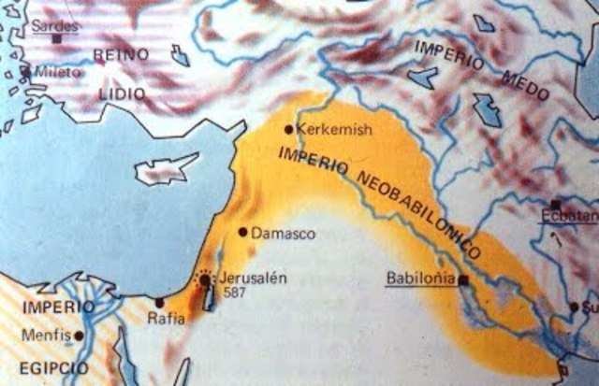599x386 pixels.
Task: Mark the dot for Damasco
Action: (x=243, y=231)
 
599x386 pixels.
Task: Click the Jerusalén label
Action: (x=249, y=279)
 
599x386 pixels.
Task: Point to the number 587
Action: (x=236, y=293)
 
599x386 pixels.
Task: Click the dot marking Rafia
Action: (x=159, y=302)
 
